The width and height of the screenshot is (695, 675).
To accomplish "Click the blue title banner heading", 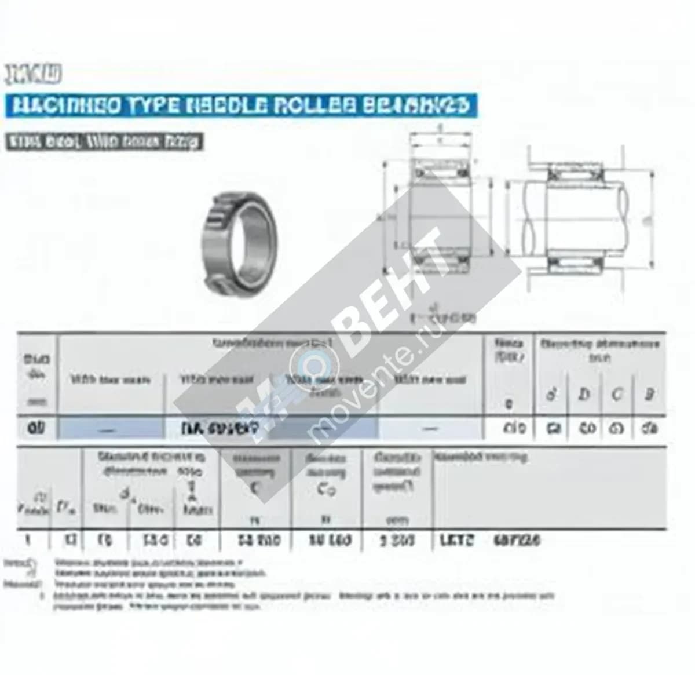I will [240, 105].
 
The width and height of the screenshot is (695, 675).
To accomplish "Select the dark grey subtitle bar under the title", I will [104, 141].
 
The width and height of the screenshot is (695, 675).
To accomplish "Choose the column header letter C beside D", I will [617, 394].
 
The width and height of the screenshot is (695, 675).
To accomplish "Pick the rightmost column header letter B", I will [649, 394].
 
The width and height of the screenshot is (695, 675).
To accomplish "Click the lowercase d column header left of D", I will [552, 394].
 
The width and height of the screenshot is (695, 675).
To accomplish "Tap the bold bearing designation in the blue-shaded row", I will [220, 429].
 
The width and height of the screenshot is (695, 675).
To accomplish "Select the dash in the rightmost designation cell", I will [429, 429].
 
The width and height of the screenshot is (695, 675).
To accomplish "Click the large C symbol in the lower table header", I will [255, 489].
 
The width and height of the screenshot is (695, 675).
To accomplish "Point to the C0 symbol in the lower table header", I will [326, 490].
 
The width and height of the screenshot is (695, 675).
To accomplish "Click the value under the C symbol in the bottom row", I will [259, 541].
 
